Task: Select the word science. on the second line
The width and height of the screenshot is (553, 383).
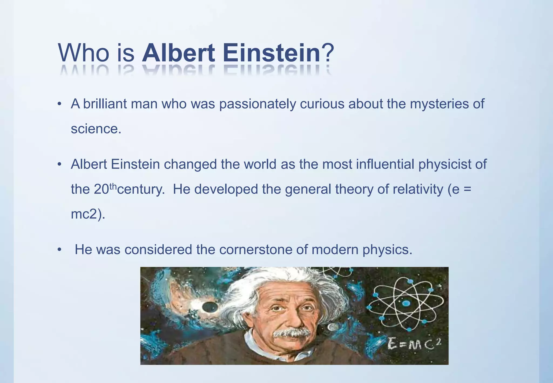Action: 96,129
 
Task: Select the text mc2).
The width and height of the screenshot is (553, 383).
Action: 88,214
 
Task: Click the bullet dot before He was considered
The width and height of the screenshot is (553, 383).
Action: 59,250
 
